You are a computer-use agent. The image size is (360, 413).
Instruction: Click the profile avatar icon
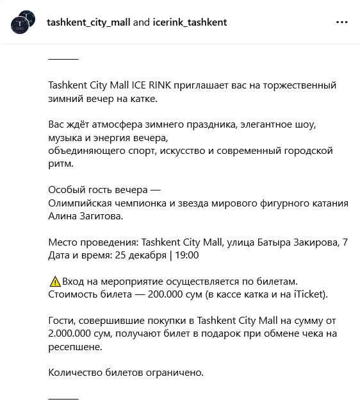click(23, 22)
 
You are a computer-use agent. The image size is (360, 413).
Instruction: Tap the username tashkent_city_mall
click(88, 22)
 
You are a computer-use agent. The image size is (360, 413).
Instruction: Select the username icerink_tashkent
click(190, 22)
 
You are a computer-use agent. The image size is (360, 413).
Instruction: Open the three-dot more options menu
click(342, 22)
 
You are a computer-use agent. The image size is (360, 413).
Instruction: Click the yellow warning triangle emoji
click(54, 282)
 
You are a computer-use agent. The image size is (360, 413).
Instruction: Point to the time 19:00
click(186, 255)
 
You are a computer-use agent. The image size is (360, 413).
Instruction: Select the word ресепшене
click(75, 347)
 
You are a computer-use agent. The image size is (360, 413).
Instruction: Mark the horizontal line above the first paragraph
click(63, 58)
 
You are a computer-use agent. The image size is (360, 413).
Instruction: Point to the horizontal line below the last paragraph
click(63, 398)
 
